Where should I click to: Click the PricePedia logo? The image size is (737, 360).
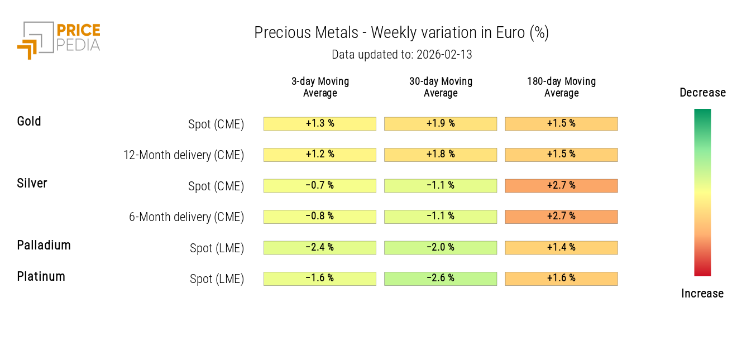(x=59, y=39)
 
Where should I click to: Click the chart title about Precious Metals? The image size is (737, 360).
(x=401, y=33)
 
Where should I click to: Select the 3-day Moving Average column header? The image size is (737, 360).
(x=320, y=87)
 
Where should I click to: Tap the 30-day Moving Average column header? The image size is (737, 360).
(x=441, y=87)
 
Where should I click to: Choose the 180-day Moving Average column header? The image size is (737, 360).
(x=561, y=87)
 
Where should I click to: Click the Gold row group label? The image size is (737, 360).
(x=29, y=121)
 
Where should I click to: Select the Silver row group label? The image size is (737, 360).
(x=32, y=183)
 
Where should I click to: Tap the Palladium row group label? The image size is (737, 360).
(x=44, y=245)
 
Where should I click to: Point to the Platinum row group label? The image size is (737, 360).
(x=41, y=276)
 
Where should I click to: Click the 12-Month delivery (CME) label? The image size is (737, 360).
(x=184, y=155)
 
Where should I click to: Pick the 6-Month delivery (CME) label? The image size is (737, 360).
(x=186, y=217)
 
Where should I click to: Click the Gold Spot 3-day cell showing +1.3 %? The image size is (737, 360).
(x=320, y=124)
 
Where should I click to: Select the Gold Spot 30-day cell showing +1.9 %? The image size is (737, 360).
(x=441, y=124)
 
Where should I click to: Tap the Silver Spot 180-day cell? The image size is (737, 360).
(x=561, y=186)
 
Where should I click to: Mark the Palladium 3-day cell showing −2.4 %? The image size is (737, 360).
(x=320, y=248)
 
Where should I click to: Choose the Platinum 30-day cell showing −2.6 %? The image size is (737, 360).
(x=441, y=279)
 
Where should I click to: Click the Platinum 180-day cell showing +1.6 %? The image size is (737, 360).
(x=561, y=279)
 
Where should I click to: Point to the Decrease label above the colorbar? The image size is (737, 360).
(x=702, y=93)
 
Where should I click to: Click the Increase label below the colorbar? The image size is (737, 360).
(x=702, y=294)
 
